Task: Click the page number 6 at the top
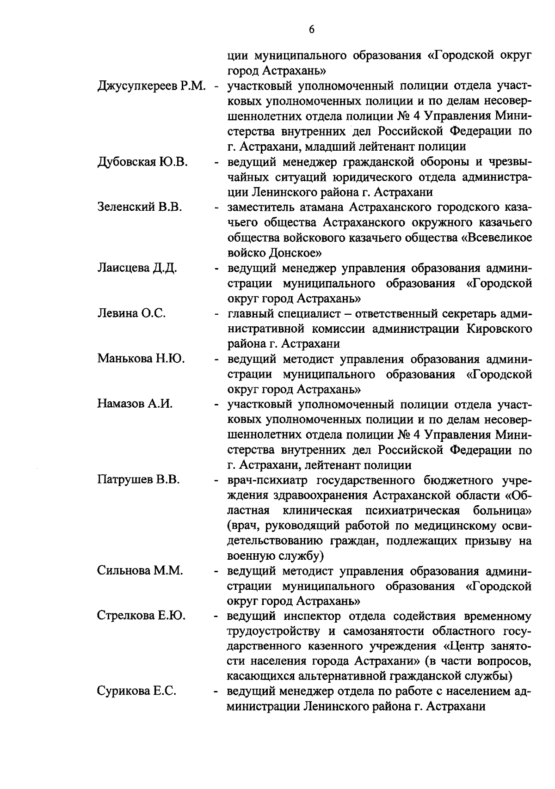point(311,30)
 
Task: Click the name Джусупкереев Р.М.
point(151,86)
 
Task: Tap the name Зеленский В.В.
point(140,208)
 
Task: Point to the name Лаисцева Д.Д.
point(137,268)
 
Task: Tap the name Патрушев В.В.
point(139,480)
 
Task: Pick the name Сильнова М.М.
point(140,570)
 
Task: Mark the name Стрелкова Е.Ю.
point(142,616)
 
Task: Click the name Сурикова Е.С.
point(136,691)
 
